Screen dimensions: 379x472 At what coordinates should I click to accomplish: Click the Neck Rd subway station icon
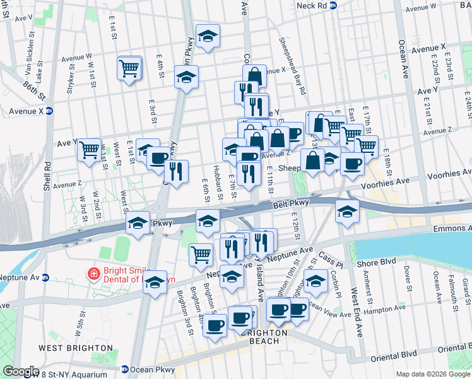pyautogui.click(x=334, y=5)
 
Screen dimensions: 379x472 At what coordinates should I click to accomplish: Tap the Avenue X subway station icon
pyautogui.click(x=49, y=111)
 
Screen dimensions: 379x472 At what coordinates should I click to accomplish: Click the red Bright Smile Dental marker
pyautogui.click(x=93, y=274)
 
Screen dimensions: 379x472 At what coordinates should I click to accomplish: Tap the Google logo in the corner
pyautogui.click(x=21, y=371)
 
